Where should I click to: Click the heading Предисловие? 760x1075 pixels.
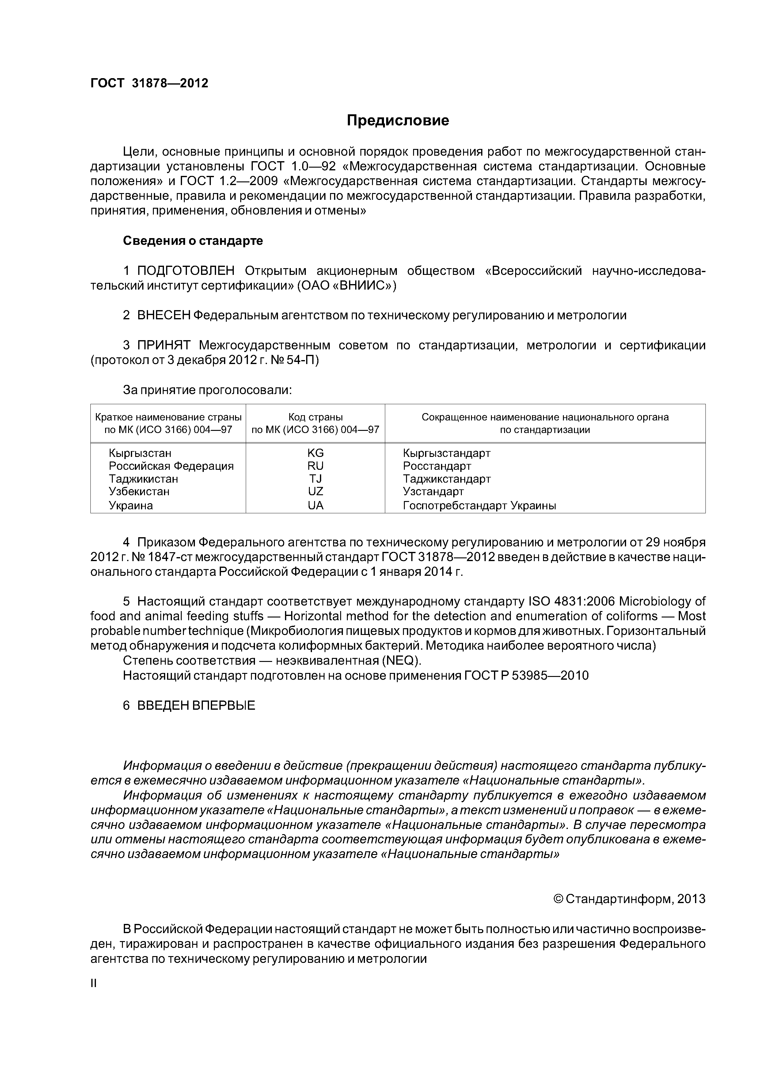coord(397,121)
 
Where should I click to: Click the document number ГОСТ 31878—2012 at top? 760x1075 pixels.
coord(149,83)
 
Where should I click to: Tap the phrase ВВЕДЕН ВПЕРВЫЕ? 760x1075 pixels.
coord(196,706)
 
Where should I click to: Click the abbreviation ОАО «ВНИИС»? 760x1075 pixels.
coord(347,286)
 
